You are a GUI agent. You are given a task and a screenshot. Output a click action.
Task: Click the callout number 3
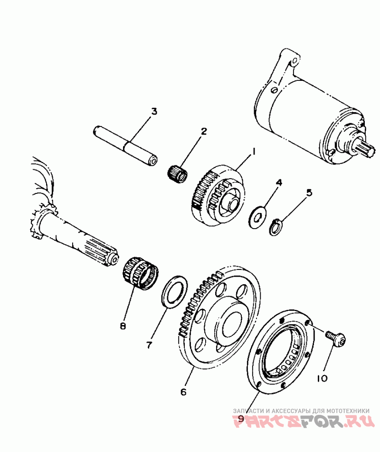click(153, 112)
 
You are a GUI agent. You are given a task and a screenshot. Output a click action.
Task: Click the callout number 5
click(309, 192)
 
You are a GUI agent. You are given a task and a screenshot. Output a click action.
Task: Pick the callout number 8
click(123, 326)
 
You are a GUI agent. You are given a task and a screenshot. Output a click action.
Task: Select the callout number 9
click(241, 418)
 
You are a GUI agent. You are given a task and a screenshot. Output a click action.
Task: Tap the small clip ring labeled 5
click(275, 227)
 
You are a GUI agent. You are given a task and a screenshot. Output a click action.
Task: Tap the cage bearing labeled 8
click(141, 272)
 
